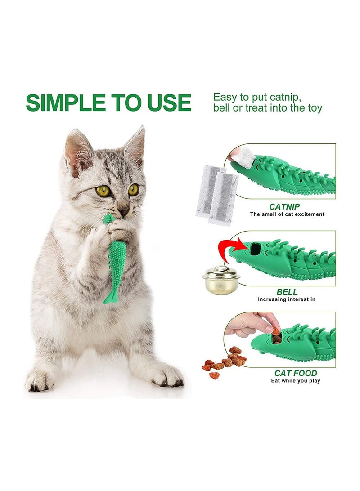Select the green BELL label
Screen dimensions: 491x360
[x=286, y=291]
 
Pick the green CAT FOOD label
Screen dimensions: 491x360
[x=296, y=373]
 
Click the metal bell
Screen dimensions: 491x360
[x=221, y=279]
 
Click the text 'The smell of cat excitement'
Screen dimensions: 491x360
[x=287, y=214]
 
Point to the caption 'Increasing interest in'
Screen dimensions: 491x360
[x=286, y=299]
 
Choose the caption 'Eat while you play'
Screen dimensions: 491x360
[x=295, y=381]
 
